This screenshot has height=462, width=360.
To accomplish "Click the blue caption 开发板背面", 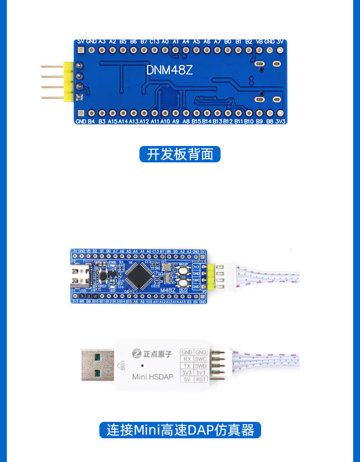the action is coord(180,154).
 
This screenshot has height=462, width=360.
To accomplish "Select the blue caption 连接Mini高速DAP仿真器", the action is coord(180,430).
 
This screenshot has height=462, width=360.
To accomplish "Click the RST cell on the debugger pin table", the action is coord(201,379).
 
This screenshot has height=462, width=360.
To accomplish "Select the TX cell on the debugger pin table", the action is coord(187,366).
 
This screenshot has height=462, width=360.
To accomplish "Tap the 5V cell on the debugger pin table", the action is coord(187,379).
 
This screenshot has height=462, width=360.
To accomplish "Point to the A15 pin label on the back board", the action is coord(112,122).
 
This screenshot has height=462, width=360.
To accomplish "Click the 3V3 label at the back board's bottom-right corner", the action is coord(281,122).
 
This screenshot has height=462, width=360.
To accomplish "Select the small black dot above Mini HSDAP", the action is coord(143,366).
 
